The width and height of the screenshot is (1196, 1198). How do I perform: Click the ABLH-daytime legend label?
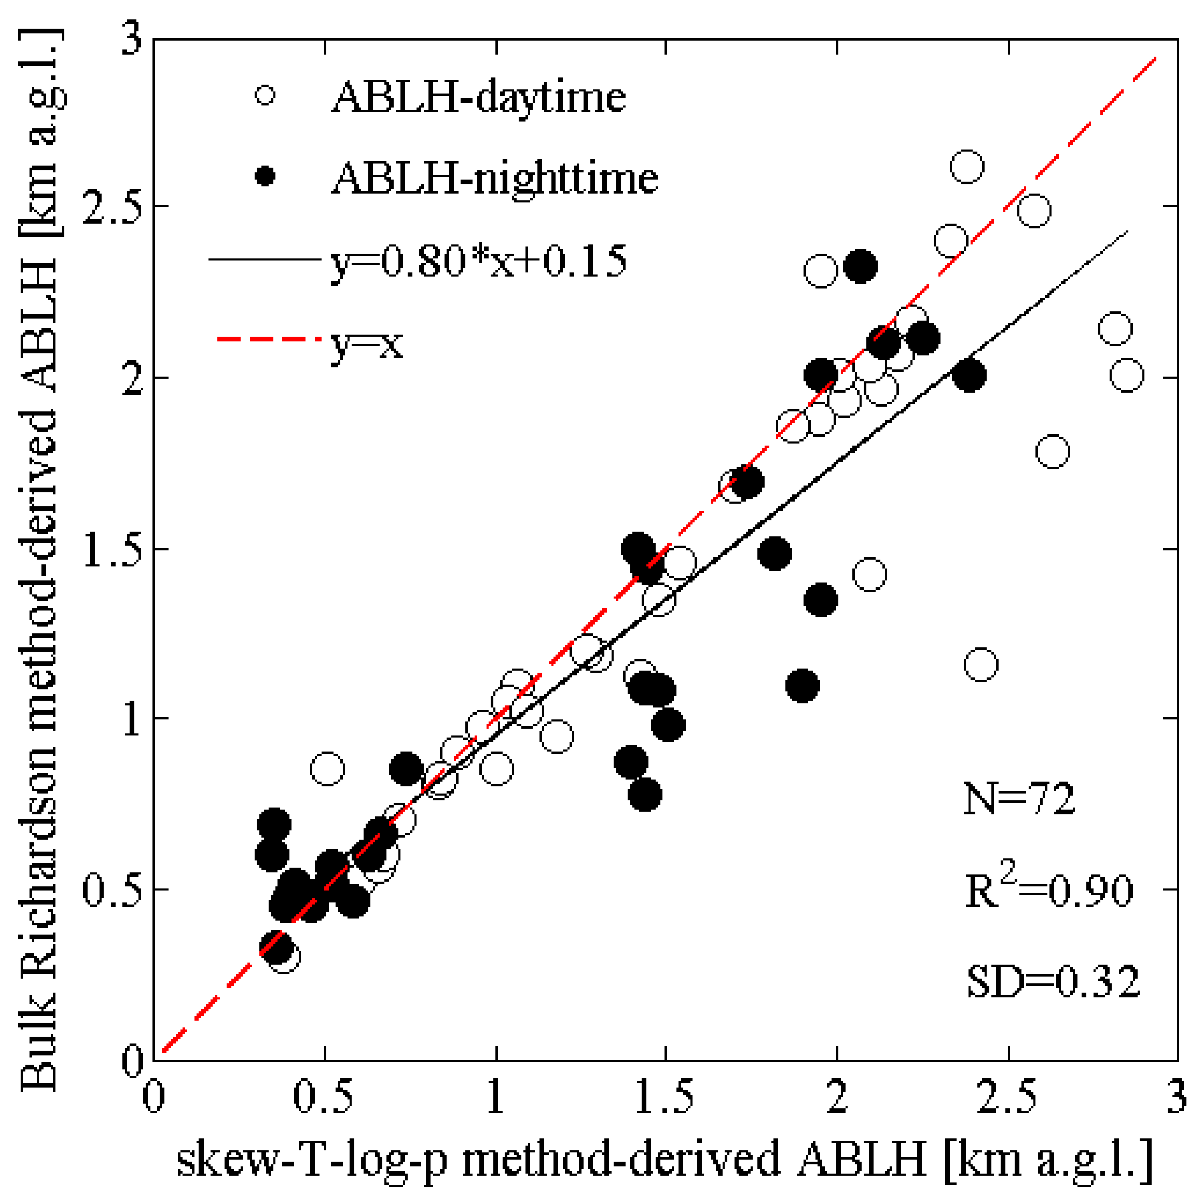pos(478,98)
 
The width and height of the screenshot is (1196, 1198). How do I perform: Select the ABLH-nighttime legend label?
pos(494,178)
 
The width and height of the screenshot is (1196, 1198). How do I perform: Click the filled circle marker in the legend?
pos(265,177)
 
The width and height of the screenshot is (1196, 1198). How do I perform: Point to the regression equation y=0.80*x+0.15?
pos(478,261)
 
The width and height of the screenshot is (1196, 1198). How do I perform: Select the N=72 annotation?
pos(1019,799)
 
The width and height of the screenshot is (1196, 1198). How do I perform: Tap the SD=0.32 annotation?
pos(1053,982)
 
